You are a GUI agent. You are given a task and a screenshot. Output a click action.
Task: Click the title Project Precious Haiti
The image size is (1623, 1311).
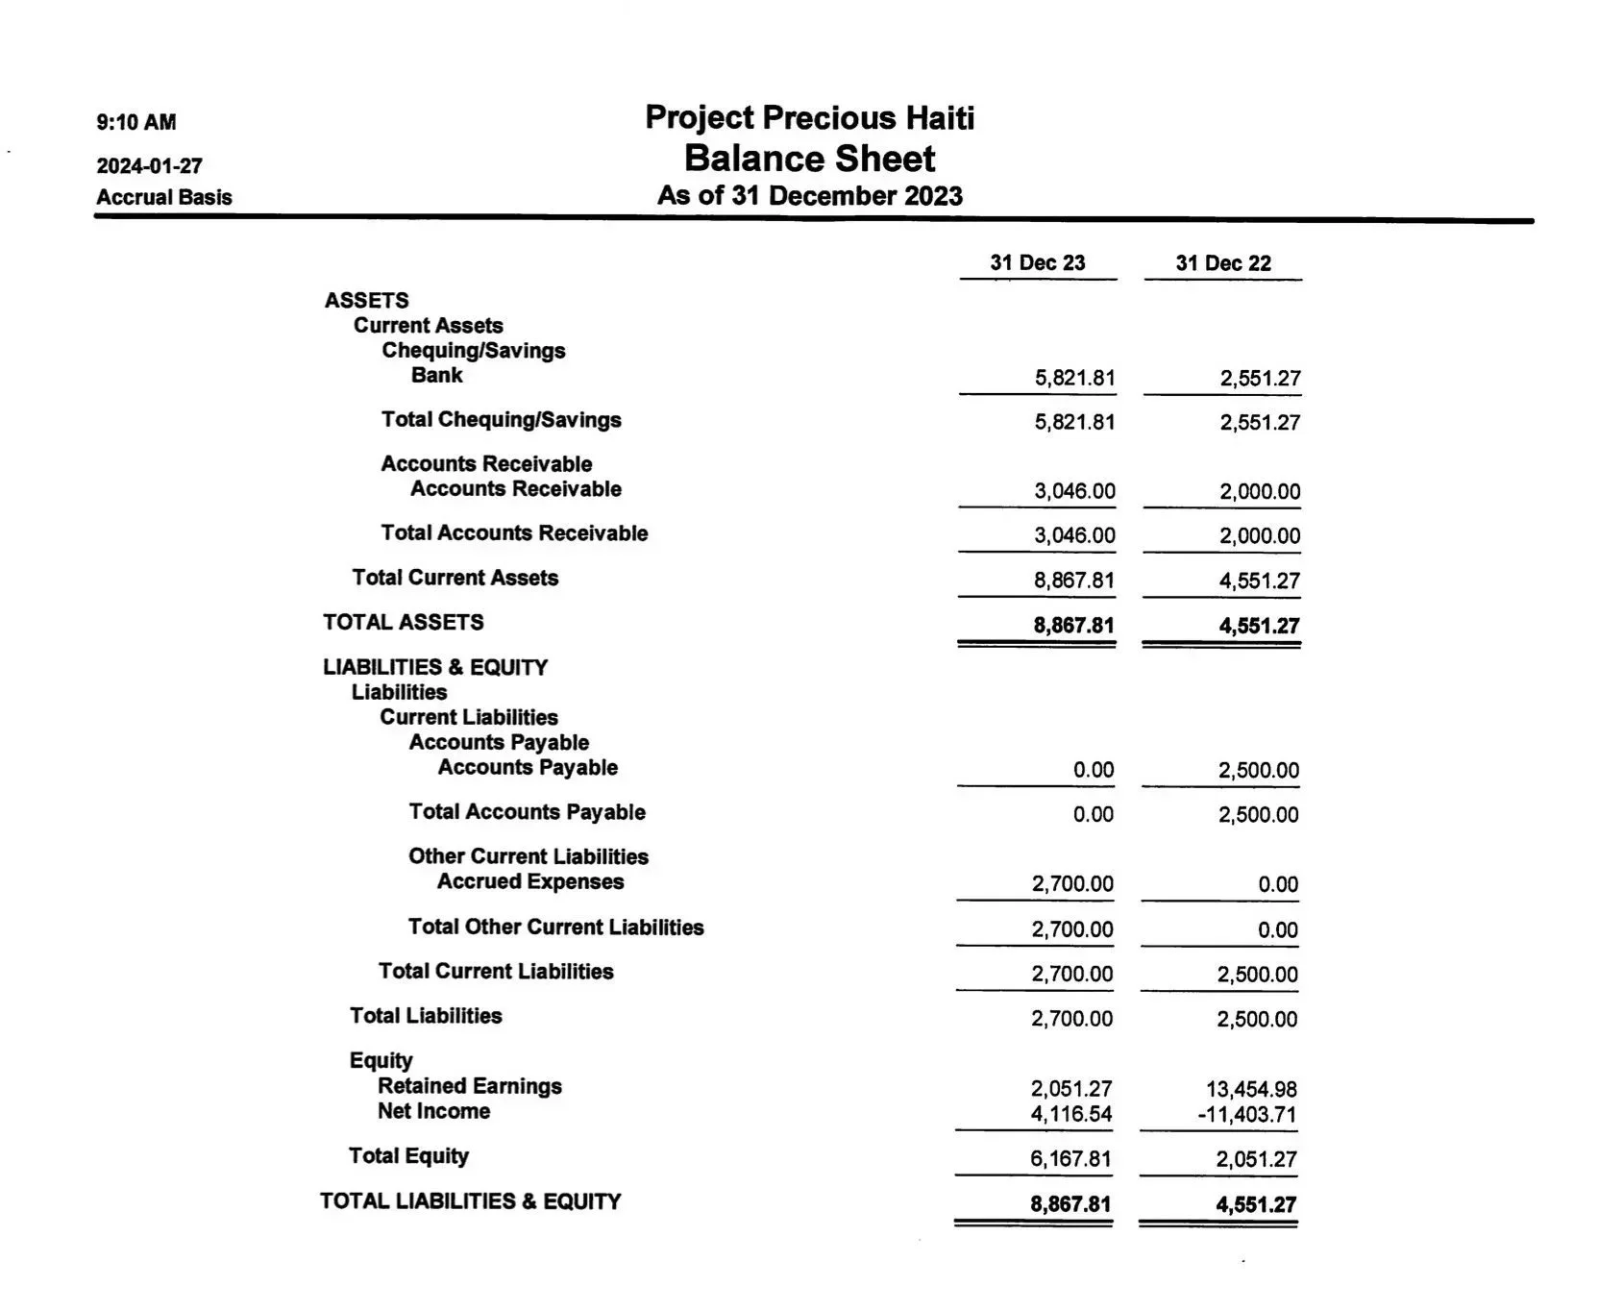[809, 118]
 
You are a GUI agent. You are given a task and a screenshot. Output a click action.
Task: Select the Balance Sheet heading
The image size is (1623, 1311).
[809, 159]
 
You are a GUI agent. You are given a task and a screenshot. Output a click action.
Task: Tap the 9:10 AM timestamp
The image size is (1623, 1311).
[136, 122]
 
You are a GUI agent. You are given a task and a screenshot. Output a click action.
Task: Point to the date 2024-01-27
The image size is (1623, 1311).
[149, 165]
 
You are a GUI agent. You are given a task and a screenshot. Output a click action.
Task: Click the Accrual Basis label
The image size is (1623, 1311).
[164, 197]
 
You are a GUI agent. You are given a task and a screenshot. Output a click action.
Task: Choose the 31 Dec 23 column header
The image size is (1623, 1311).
[1037, 263]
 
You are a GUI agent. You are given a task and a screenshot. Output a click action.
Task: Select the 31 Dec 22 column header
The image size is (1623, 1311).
[1222, 263]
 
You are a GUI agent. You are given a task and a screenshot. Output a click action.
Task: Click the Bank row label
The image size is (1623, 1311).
[436, 375]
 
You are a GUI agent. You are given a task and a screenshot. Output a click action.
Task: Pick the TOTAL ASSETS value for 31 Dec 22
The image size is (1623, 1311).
[1259, 626]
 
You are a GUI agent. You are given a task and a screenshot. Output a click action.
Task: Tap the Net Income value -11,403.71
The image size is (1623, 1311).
[1246, 1115]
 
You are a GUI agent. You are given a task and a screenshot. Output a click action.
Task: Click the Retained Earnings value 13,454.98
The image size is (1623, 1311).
[1251, 1089]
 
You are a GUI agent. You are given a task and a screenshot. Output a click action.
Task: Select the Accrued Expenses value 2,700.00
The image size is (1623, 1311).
[1072, 883]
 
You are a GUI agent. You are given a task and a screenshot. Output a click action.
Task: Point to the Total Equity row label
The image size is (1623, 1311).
[408, 1155]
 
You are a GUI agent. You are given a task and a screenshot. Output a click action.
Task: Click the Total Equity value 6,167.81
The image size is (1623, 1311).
[1070, 1159]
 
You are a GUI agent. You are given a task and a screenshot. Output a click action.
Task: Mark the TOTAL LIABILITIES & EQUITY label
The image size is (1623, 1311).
[470, 1200]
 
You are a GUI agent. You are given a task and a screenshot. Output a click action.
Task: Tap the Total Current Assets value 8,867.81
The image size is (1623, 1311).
[1073, 581]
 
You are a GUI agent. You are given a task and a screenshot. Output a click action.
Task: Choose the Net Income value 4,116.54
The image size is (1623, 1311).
[1071, 1115]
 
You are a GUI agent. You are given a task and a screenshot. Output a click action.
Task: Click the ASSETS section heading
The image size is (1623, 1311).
[366, 300]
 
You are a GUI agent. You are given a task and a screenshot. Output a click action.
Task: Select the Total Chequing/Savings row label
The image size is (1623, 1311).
[501, 419]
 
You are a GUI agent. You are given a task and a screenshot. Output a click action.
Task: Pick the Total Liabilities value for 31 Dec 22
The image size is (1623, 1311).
[1257, 1019]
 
